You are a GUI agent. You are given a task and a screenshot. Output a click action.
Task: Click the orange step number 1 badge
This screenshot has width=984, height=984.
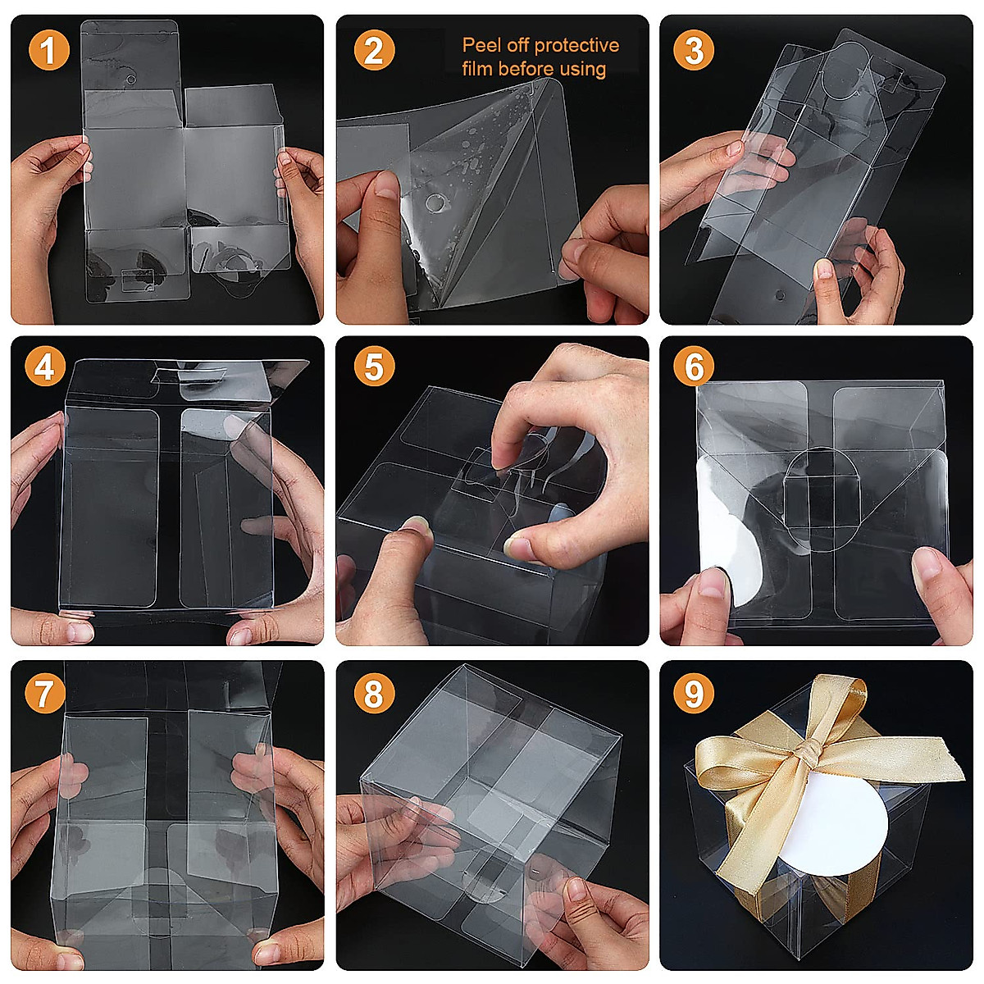point(49,51)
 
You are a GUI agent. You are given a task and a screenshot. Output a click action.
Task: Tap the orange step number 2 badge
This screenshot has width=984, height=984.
point(373,51)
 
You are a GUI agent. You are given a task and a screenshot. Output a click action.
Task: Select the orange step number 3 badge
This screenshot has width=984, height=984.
point(694,51)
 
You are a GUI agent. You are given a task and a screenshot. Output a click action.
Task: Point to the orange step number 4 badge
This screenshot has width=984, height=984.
point(44,367)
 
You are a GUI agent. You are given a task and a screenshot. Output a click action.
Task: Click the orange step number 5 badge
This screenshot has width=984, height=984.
point(373,367)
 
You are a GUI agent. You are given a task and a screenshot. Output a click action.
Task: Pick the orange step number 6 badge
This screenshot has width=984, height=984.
point(694,367)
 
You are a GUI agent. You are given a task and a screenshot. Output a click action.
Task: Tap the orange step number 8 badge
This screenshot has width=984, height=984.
point(373,695)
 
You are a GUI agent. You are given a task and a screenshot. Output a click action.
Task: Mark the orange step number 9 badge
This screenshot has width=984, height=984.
point(694,695)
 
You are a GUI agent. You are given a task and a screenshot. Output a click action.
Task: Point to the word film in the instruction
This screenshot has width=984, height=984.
point(476,69)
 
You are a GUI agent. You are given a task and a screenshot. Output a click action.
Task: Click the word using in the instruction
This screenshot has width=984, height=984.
point(582,70)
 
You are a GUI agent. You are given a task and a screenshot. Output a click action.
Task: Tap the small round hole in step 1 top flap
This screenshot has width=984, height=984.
point(130,80)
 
